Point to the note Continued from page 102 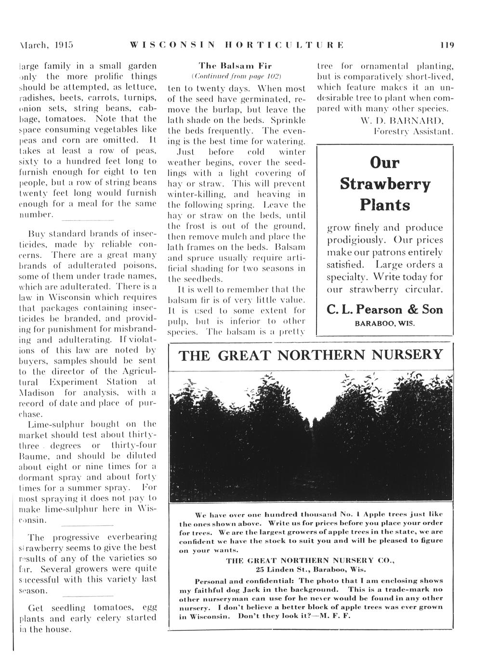tap(236, 76)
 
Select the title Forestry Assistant tap(413, 130)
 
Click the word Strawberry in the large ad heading tap(385, 184)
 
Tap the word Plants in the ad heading tap(385, 205)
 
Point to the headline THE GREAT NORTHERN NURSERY tap(311, 356)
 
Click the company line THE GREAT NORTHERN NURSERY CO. tap(311, 560)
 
